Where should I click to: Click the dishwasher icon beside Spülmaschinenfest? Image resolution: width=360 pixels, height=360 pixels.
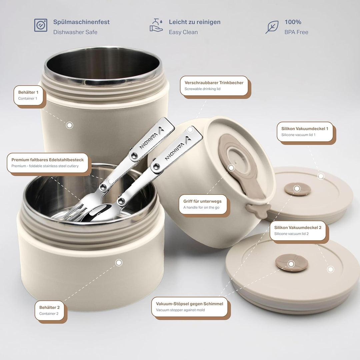point(41,25)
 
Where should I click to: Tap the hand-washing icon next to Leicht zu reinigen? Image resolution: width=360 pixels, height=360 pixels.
point(156,25)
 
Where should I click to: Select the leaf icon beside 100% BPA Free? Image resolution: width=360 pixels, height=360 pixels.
point(272,27)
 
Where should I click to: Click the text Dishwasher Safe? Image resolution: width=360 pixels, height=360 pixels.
point(75,32)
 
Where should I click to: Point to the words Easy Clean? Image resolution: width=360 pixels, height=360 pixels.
point(183,32)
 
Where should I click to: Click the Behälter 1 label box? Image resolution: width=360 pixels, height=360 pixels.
point(28,95)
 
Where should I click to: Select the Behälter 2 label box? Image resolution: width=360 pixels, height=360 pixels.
point(49,310)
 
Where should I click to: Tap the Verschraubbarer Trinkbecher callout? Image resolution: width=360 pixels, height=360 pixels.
point(214,86)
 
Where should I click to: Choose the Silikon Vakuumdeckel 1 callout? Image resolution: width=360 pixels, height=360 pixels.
point(305,132)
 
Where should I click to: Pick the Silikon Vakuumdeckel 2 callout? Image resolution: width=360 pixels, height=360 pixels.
point(298,231)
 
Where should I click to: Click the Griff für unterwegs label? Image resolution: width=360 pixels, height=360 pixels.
point(203,204)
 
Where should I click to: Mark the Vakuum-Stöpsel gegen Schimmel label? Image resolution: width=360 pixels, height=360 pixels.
point(189,307)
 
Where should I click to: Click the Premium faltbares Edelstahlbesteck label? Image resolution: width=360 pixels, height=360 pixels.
point(48,163)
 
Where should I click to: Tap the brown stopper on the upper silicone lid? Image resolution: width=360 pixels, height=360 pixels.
point(297,189)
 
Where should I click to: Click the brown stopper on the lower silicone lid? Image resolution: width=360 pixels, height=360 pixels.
point(292,263)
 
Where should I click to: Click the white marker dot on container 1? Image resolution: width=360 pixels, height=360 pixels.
point(69,125)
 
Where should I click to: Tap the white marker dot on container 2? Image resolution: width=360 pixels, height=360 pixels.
point(119,262)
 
